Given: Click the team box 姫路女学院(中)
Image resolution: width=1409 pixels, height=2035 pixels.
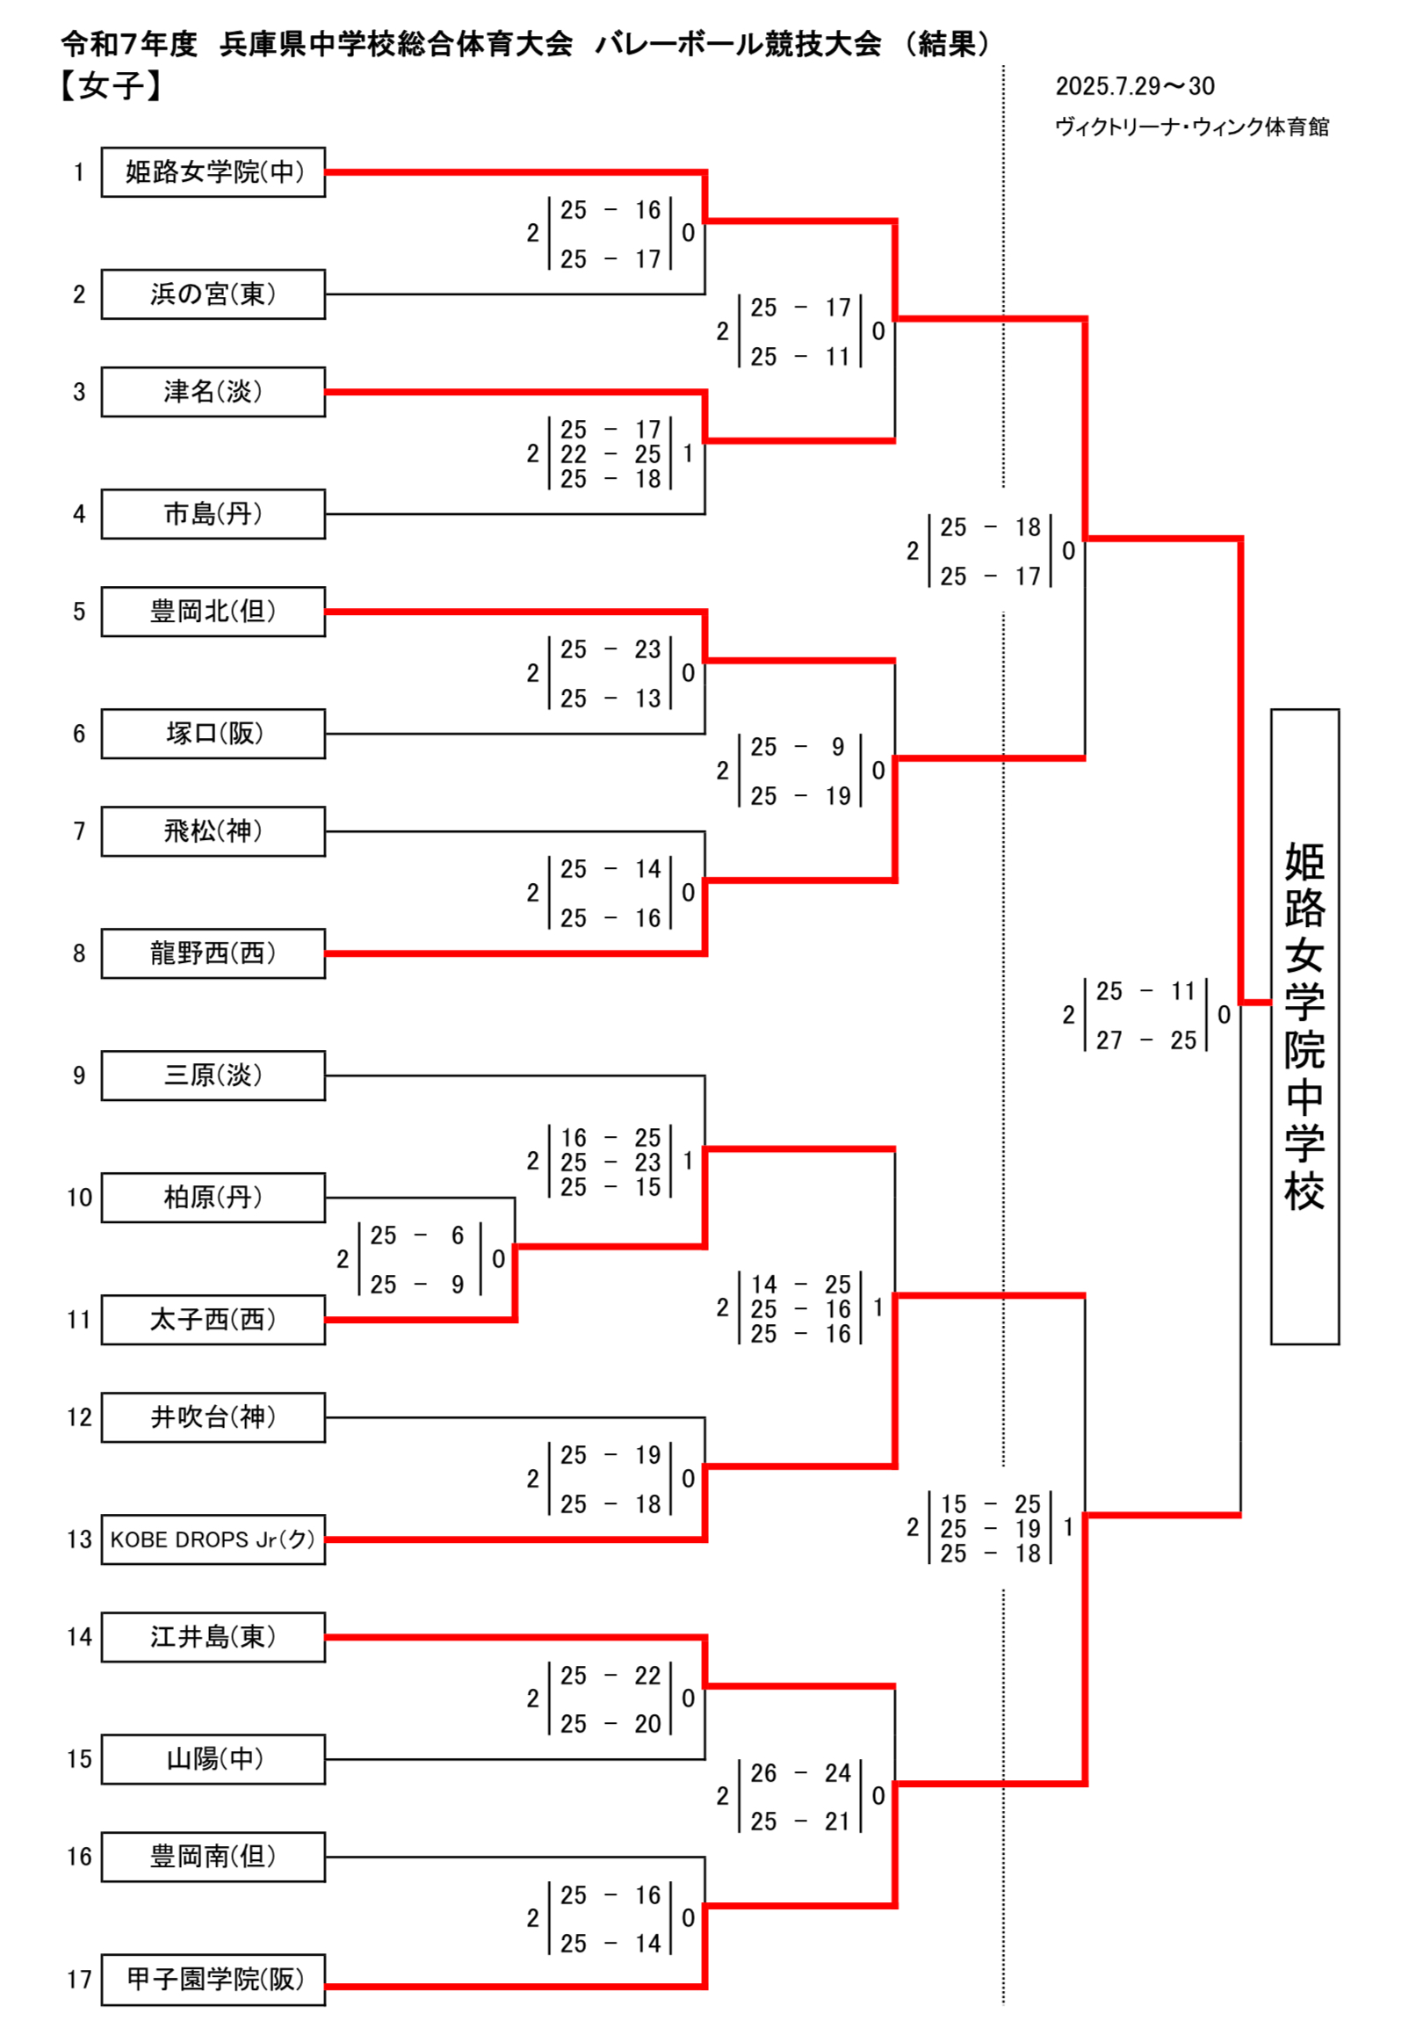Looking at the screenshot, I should (213, 172).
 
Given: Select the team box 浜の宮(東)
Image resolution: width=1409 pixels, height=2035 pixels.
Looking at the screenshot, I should (213, 294).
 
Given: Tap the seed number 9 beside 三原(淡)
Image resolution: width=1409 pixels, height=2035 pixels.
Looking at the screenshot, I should (79, 1075).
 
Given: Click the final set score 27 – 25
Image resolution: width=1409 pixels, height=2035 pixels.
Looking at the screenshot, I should (1146, 1040).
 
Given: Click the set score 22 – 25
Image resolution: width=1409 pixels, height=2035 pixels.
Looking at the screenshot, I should (610, 453).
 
